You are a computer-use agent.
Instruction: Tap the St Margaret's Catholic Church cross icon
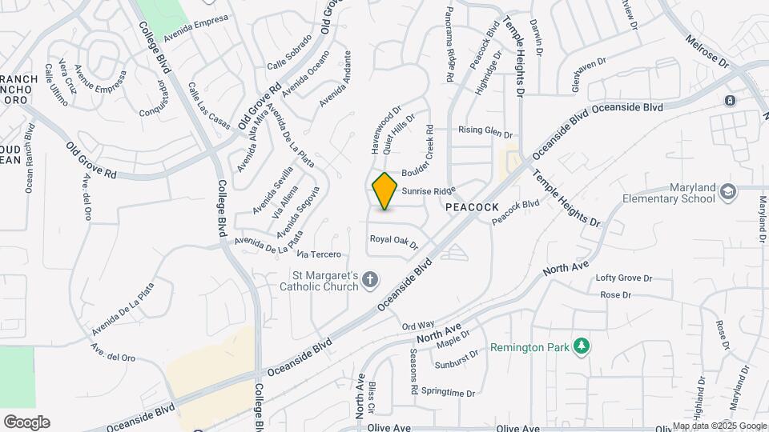tap(369, 279)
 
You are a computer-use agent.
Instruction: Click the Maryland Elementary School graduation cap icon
tap(727, 192)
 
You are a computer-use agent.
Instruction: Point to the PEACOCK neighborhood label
tap(472, 206)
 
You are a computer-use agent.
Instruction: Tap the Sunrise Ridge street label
tap(429, 191)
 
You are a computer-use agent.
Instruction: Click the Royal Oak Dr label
tap(394, 241)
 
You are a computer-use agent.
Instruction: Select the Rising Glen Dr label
tap(485, 130)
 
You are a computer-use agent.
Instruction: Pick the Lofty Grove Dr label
tap(624, 278)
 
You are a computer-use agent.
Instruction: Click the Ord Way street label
tap(417, 326)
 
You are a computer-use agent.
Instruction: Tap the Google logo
tap(26, 422)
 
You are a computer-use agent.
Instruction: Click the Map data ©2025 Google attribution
tap(719, 426)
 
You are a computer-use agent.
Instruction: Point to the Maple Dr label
tap(453, 339)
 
